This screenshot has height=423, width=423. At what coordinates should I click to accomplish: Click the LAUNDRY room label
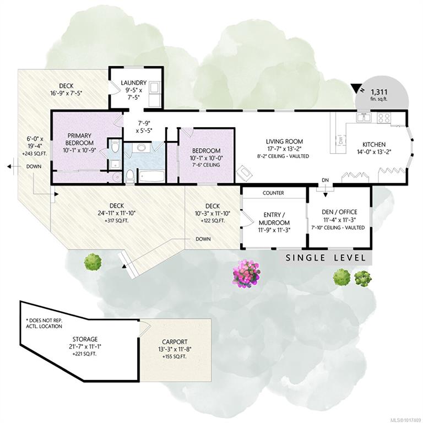click(133, 83)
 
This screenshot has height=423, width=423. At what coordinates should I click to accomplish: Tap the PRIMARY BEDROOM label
click(79, 139)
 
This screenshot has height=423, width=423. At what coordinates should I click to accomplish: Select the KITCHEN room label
click(374, 144)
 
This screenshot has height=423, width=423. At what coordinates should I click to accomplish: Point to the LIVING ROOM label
click(284, 142)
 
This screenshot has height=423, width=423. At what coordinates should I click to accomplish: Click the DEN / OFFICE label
click(339, 211)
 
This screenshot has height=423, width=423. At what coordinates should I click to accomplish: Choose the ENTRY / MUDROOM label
click(274, 219)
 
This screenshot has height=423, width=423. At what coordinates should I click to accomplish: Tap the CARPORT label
click(175, 342)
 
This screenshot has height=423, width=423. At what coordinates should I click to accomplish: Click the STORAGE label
click(85, 339)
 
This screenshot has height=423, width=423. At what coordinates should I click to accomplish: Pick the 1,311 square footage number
click(379, 92)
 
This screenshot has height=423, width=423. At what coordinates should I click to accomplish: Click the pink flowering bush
click(246, 274)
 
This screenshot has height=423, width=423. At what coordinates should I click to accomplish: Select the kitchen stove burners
click(383, 118)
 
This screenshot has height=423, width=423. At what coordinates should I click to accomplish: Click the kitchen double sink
click(364, 117)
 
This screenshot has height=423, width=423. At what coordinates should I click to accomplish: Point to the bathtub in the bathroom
click(151, 176)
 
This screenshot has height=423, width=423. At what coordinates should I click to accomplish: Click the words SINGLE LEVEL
click(326, 258)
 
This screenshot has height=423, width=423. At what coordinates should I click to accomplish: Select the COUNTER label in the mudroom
click(273, 193)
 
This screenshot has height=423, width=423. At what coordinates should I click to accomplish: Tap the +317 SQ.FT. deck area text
click(117, 220)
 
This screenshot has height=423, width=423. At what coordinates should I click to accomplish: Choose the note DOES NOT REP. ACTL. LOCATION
click(44, 323)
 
